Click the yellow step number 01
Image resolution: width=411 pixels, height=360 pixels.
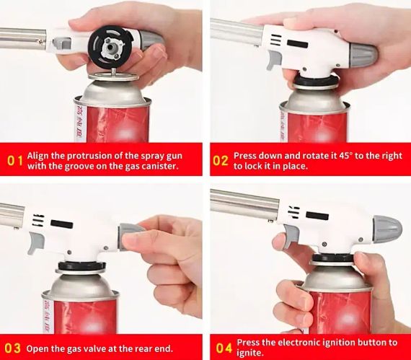pyautogui.click(x=14, y=161)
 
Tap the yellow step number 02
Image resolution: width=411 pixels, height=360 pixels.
pyautogui.click(x=221, y=161)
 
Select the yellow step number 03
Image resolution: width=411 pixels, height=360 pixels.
pyautogui.click(x=12, y=348)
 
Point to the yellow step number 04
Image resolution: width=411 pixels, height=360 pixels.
pyautogui.click(x=224, y=348)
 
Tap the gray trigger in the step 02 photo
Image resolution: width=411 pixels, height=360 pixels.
pyautogui.click(x=274, y=60)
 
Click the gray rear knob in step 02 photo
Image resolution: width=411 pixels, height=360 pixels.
pyautogui.click(x=363, y=55)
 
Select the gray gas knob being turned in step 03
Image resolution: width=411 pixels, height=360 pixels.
pyautogui.click(x=128, y=236)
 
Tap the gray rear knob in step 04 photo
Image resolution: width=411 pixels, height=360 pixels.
pyautogui.click(x=387, y=229)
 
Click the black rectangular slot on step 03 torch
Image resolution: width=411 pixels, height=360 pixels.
pyautogui.click(x=62, y=224)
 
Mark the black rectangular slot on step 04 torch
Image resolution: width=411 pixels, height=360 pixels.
pyautogui.click(x=317, y=216)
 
